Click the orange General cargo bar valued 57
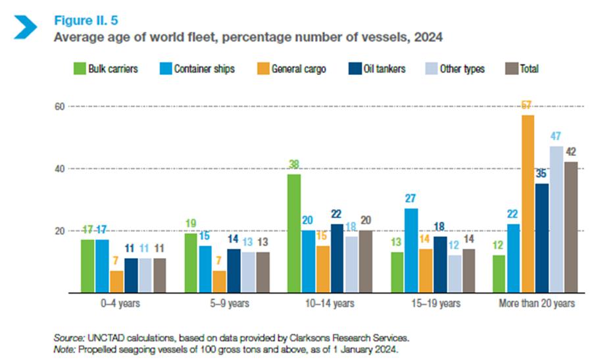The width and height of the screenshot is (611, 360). (x=527, y=204)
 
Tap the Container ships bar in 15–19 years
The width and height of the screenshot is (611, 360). (x=410, y=251)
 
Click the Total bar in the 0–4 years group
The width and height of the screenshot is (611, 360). (x=160, y=276)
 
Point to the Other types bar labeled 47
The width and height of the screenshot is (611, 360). (x=556, y=220)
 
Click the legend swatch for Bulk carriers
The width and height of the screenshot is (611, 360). (x=77, y=68)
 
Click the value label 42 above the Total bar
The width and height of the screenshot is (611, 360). (x=570, y=151)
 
